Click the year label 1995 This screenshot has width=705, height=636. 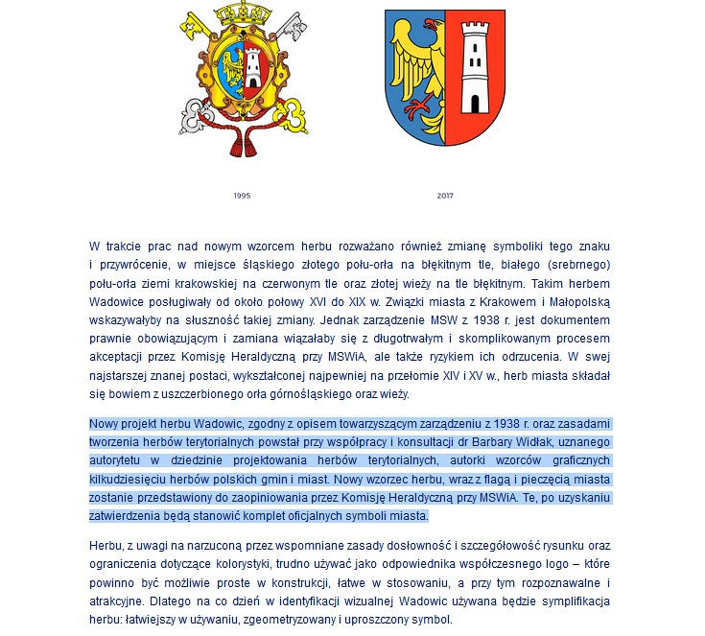[242, 196]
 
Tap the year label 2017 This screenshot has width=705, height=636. [445, 196]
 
